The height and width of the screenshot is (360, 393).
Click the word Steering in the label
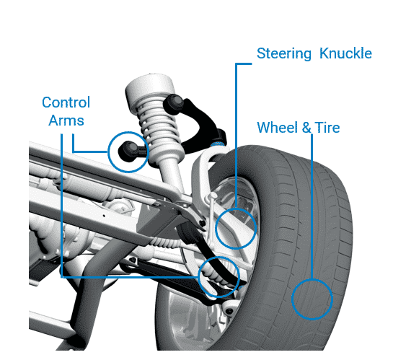[284, 53]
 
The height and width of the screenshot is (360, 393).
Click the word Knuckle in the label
[345, 53]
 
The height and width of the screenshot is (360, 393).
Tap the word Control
[66, 102]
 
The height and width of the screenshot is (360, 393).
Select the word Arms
[66, 120]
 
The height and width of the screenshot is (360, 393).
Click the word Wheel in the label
[278, 128]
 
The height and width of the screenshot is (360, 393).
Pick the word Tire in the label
[327, 128]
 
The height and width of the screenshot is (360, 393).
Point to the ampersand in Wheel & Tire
[306, 128]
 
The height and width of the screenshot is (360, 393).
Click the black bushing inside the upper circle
[128, 152]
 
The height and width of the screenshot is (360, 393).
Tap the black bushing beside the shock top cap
[174, 104]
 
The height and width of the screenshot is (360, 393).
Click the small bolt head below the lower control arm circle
[229, 311]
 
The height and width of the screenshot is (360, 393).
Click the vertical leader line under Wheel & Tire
[312, 206]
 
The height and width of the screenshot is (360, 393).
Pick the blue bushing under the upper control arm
[217, 144]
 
